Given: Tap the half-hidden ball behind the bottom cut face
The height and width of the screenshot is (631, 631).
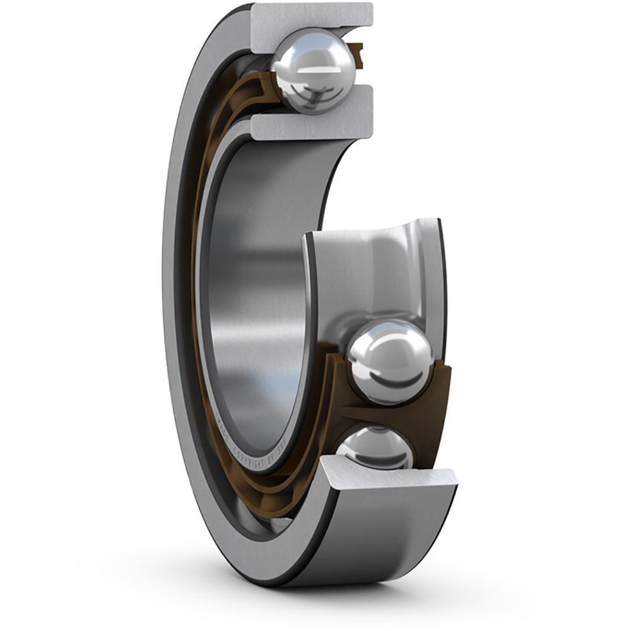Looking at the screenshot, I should [x=375, y=447].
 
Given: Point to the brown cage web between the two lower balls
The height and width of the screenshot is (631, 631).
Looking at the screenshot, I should [x=379, y=413].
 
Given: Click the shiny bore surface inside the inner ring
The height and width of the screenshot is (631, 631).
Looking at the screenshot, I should [x=252, y=284].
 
